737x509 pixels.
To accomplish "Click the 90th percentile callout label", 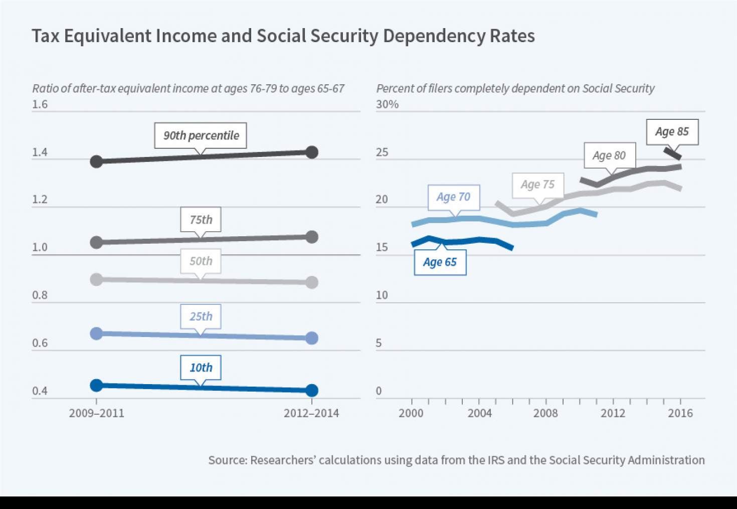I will coord(201,135).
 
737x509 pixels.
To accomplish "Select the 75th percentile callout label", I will coord(201,220).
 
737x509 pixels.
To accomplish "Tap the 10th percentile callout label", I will coord(201,368).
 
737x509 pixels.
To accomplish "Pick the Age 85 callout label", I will coord(672,132).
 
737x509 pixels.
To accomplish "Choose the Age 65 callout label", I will coord(440,262).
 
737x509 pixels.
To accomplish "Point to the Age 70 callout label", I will coord(453,197).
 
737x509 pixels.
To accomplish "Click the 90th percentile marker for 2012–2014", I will coord(311,152).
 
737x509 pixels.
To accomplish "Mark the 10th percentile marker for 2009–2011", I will coord(96,385).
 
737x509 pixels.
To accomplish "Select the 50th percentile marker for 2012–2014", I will coord(311,282).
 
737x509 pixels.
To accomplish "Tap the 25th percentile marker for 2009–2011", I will coord(96,333).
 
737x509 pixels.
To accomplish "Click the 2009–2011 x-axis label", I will coord(96,413).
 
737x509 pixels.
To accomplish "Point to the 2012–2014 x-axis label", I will coord(311,413).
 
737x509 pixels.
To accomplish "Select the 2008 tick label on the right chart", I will coord(545,413).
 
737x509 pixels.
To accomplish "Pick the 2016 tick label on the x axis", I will coord(680,413).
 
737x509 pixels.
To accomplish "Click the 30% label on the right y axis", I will coord(387,104).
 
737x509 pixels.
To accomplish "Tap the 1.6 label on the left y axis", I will coord(40,104).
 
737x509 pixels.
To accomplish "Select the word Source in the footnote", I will coord(227,460).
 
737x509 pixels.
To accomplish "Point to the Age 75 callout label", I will coord(537,185).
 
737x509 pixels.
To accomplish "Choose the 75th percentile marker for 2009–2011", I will coord(96,243).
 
